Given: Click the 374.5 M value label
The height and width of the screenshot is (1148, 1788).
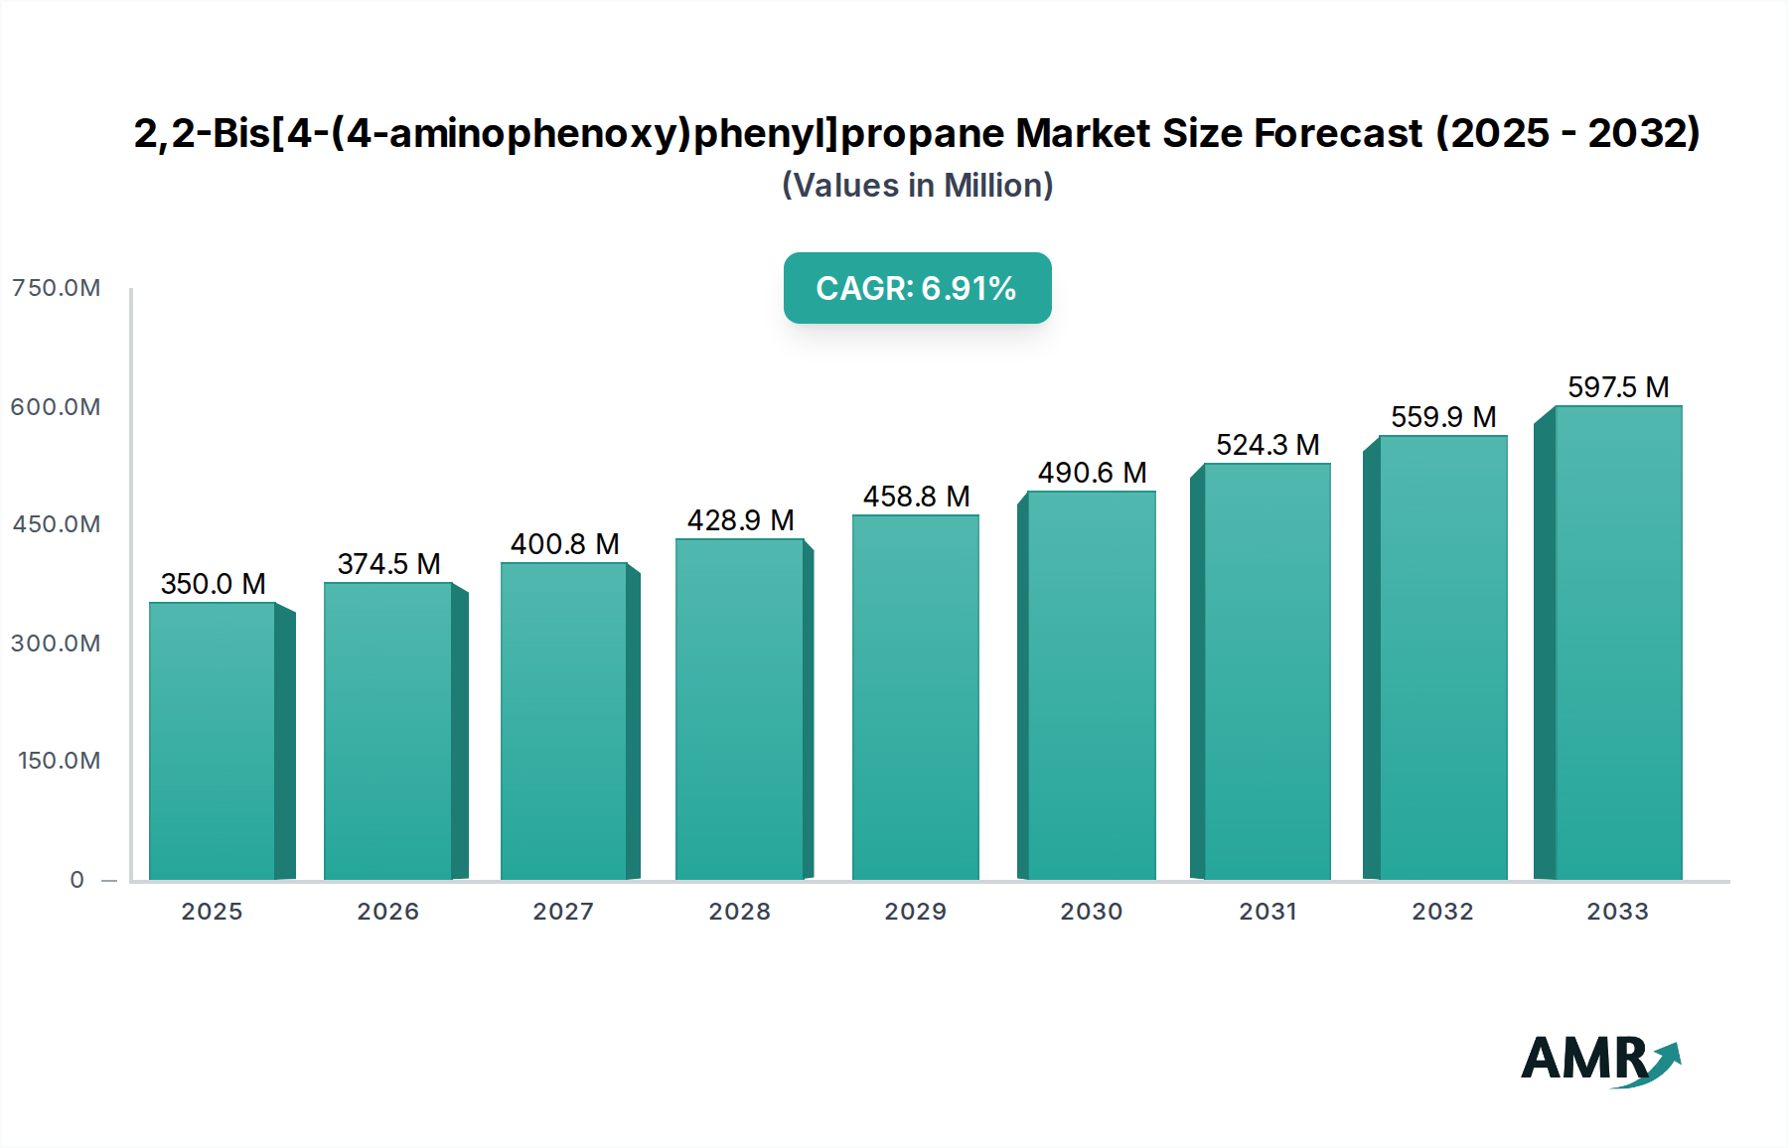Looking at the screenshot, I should coord(388,564).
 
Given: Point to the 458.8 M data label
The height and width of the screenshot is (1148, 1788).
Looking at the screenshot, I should coord(916,497).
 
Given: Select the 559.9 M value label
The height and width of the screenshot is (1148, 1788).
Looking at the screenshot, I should coord(1443,417).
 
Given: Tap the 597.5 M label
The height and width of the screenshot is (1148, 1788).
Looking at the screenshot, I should coord(1618,387).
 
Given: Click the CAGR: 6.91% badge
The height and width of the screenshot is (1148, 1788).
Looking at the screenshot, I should coord(917,288).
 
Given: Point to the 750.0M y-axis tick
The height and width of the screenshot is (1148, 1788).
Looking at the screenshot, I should coord(57,288).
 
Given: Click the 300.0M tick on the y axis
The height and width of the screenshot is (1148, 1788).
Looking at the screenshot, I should coord(57,644).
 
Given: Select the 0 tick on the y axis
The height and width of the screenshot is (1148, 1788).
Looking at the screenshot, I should coord(76,880).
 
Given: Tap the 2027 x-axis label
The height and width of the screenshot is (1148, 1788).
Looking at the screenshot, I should coord(563,912).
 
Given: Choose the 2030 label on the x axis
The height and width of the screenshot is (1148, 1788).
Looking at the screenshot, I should coord(1091,912).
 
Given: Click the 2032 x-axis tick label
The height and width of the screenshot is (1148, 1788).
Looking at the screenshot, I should coord(1442,912).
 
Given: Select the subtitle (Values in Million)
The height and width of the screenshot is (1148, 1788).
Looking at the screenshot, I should coord(917,186).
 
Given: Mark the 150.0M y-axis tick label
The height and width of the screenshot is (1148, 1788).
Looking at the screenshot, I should coord(60,761).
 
